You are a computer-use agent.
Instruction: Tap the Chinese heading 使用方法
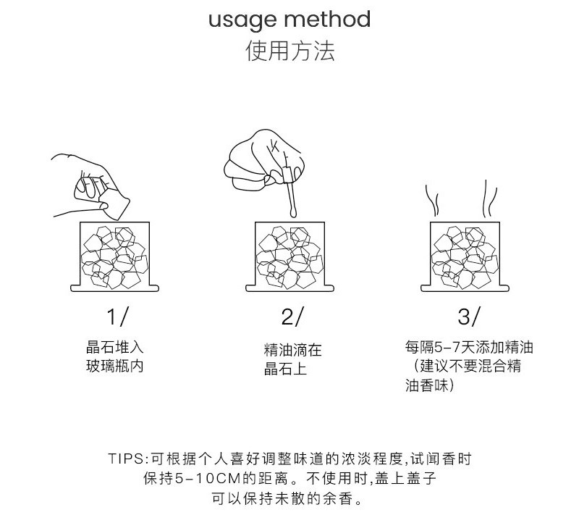tap(290, 52)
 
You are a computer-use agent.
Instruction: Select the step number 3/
tap(468, 317)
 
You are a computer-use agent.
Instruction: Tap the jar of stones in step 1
tap(114, 257)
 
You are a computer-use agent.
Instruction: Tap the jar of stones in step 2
tap(292, 257)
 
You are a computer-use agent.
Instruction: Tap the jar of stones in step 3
tap(467, 257)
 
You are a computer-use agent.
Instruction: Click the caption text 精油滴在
tap(292, 351)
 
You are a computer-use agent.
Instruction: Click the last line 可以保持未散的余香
tap(289, 499)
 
